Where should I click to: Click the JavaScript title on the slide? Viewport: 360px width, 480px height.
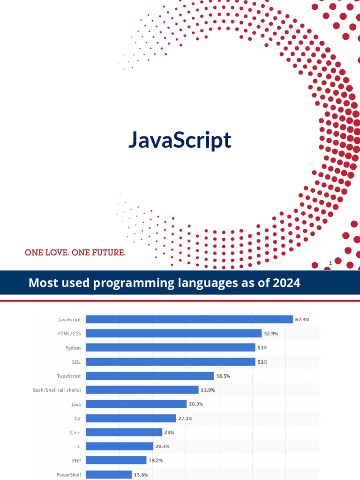(180, 141)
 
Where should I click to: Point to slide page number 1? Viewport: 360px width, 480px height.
(330, 263)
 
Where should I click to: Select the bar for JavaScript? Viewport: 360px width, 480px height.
(190, 319)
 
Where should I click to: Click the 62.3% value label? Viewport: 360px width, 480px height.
(302, 319)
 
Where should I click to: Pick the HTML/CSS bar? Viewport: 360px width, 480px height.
(174, 333)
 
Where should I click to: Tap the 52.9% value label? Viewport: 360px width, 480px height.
(270, 333)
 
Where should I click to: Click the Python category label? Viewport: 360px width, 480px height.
(73, 348)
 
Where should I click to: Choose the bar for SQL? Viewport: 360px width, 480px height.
(171, 362)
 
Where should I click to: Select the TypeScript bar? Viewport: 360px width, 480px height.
(150, 376)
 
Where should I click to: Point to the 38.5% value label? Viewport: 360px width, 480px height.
(223, 376)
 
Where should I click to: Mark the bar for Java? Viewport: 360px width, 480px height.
(137, 404)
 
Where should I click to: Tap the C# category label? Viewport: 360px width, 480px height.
(77, 418)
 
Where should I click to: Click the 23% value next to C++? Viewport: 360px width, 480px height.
(169, 432)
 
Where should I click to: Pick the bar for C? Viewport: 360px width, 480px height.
(120, 446)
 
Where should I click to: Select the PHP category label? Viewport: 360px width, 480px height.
(76, 460)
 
